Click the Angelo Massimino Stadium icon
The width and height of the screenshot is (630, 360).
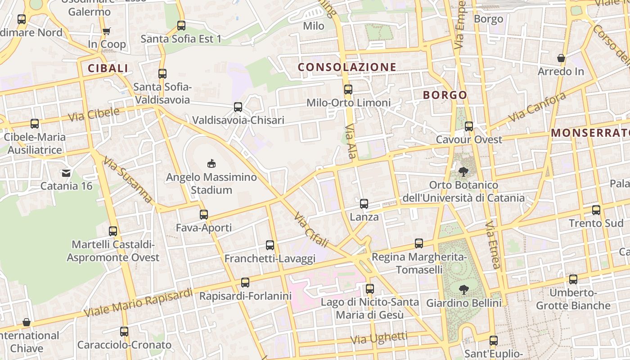point(211,163)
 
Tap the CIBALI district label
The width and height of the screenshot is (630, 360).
point(108,68)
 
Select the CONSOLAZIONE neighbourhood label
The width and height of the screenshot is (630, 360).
point(347,67)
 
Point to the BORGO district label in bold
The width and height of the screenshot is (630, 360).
point(445,95)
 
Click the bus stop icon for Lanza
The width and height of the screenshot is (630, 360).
point(364,204)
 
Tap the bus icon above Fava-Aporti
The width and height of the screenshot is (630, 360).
point(204,215)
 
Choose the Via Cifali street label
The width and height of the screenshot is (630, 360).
point(311,229)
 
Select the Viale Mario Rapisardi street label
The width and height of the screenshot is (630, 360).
point(138,302)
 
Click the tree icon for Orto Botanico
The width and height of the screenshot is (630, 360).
point(463,171)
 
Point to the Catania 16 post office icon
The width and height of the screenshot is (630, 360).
point(66,172)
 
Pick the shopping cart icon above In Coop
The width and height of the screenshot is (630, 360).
point(106,31)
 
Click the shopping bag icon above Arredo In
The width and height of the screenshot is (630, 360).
point(561,58)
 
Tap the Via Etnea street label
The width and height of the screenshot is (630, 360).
point(493,245)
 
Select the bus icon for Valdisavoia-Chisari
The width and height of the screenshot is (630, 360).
point(238,107)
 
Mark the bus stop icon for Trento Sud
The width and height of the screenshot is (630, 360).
point(596,210)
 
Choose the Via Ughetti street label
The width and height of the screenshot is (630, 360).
point(379,337)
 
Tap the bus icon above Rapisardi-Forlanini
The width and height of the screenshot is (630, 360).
point(245,283)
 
